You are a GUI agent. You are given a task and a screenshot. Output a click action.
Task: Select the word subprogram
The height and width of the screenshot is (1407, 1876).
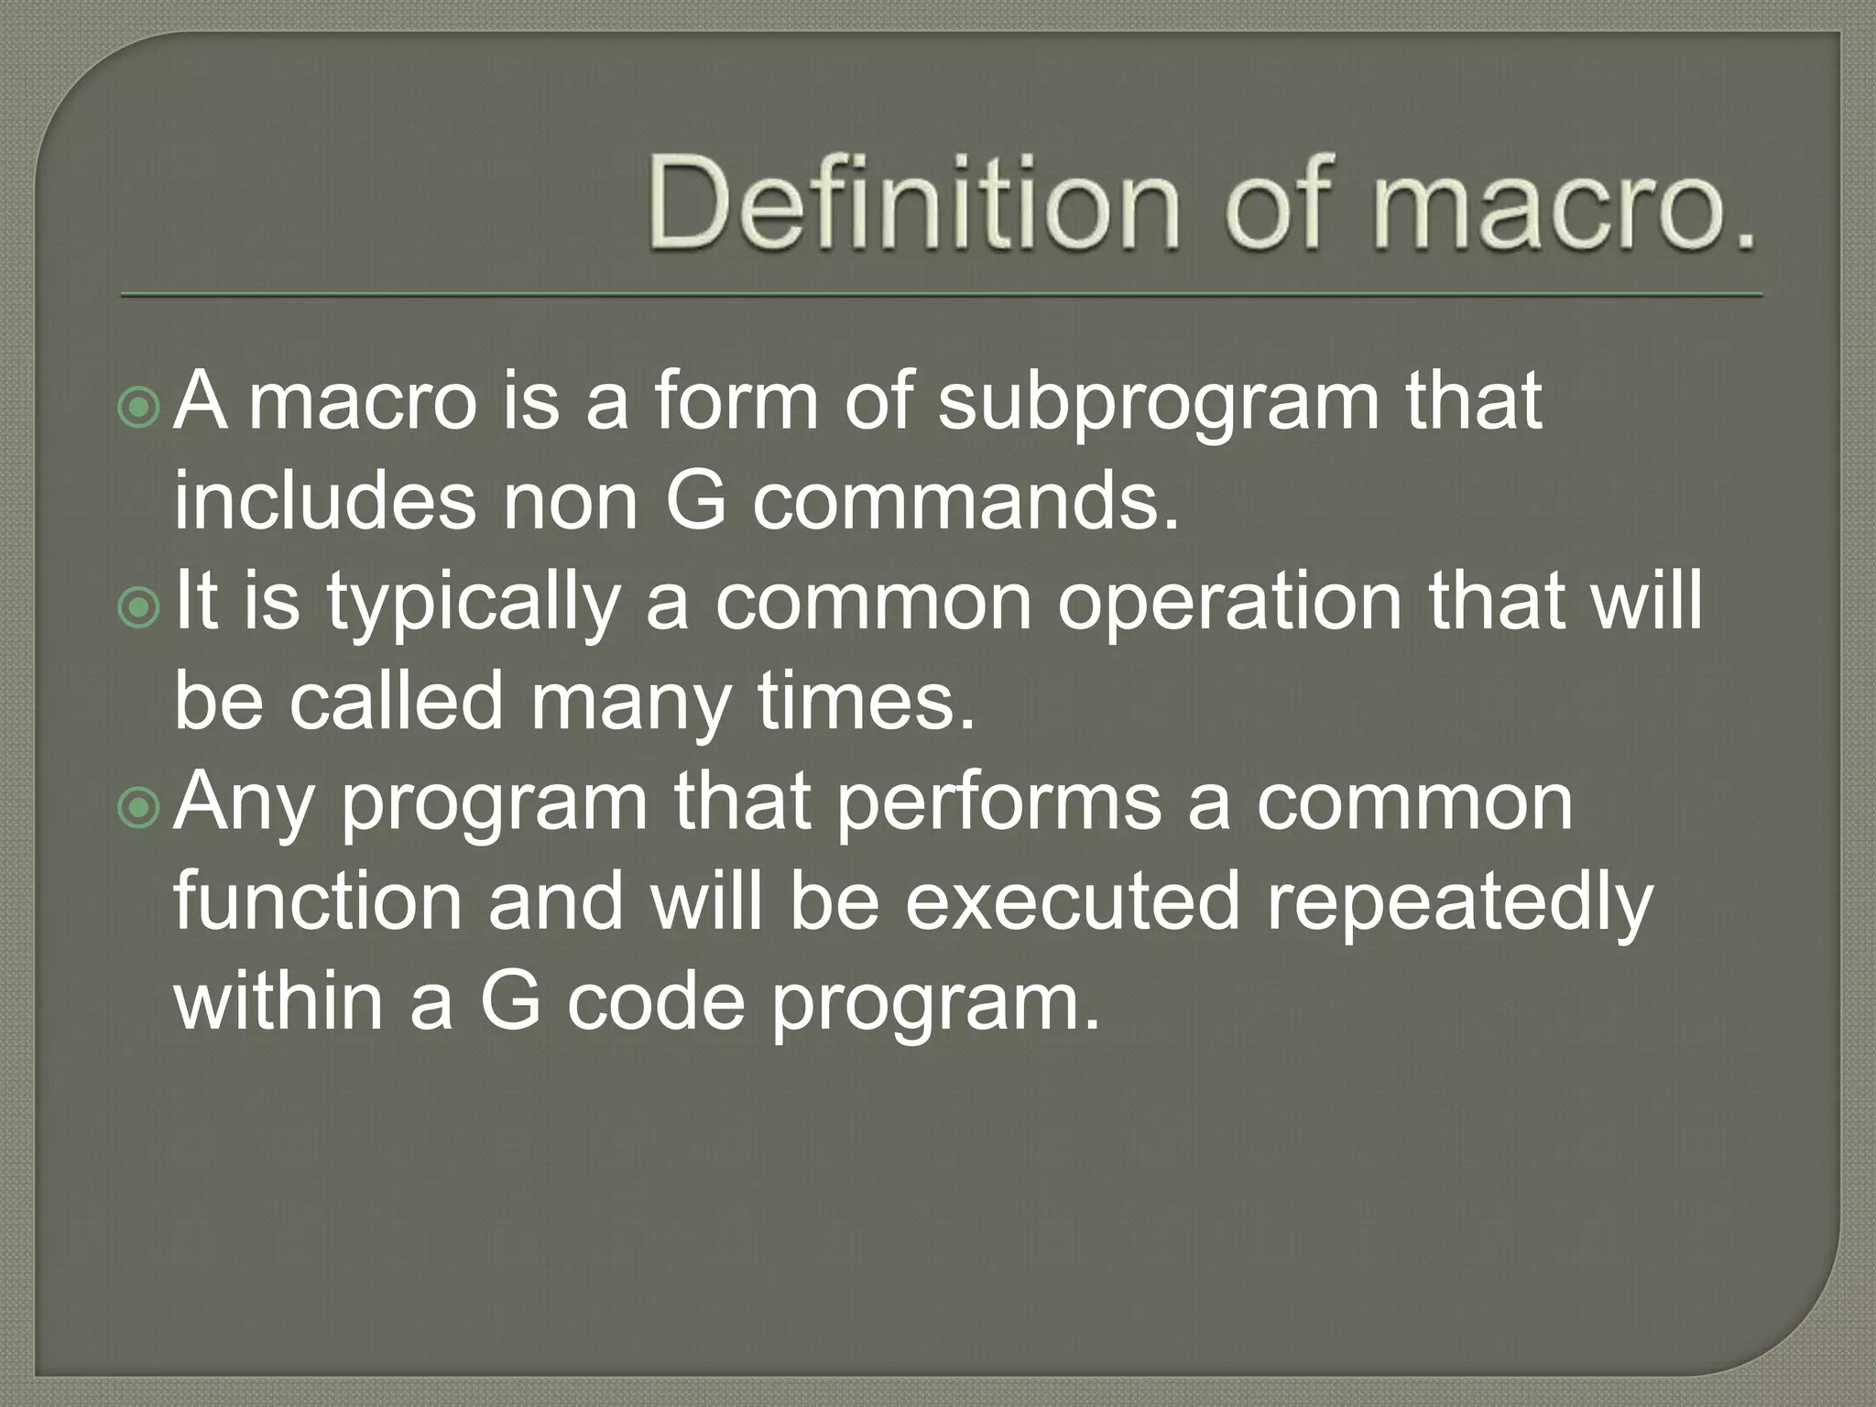click(1159, 404)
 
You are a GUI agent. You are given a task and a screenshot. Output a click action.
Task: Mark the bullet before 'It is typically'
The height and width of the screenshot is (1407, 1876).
click(139, 609)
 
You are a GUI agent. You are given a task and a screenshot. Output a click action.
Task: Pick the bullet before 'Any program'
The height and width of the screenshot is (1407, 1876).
click(139, 807)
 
